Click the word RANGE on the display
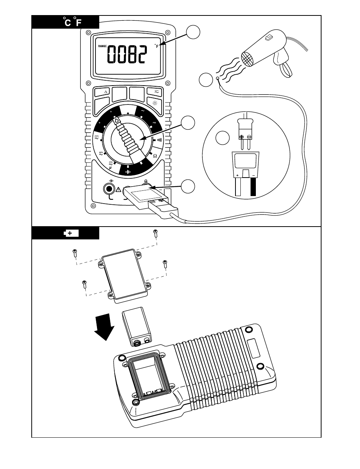pos(103,46)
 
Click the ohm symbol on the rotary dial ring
pos(155,155)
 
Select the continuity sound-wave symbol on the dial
pos(159,140)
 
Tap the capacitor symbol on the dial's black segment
pos(128,172)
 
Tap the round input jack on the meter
pos(109,189)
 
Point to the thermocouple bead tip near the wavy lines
pos(218,78)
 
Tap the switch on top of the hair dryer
pos(269,38)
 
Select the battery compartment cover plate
pos(123,274)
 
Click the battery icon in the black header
pos(71,233)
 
